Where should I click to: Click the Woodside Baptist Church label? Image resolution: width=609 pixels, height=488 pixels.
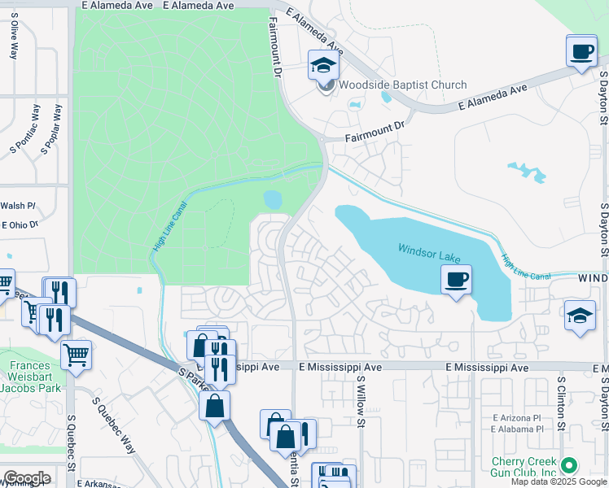[402, 85]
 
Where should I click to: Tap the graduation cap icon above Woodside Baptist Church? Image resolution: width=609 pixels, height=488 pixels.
[323, 65]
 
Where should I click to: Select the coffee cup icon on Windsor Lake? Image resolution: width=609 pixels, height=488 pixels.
[456, 280]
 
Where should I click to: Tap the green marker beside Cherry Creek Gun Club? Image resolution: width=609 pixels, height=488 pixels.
[569, 466]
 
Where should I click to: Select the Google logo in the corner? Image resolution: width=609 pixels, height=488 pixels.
[26, 477]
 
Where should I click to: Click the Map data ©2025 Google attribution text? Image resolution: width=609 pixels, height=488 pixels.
[559, 481]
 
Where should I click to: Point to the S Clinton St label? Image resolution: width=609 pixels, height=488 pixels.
[561, 402]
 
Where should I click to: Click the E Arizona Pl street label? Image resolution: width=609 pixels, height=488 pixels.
[517, 418]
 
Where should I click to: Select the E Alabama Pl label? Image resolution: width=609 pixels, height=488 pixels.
[517, 429]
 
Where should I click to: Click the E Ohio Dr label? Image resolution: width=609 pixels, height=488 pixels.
[20, 224]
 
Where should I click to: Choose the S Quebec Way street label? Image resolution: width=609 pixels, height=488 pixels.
[115, 421]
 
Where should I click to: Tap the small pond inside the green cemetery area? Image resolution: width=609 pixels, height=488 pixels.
[273, 199]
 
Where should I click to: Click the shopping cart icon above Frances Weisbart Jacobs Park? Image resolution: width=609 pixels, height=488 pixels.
[76, 354]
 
